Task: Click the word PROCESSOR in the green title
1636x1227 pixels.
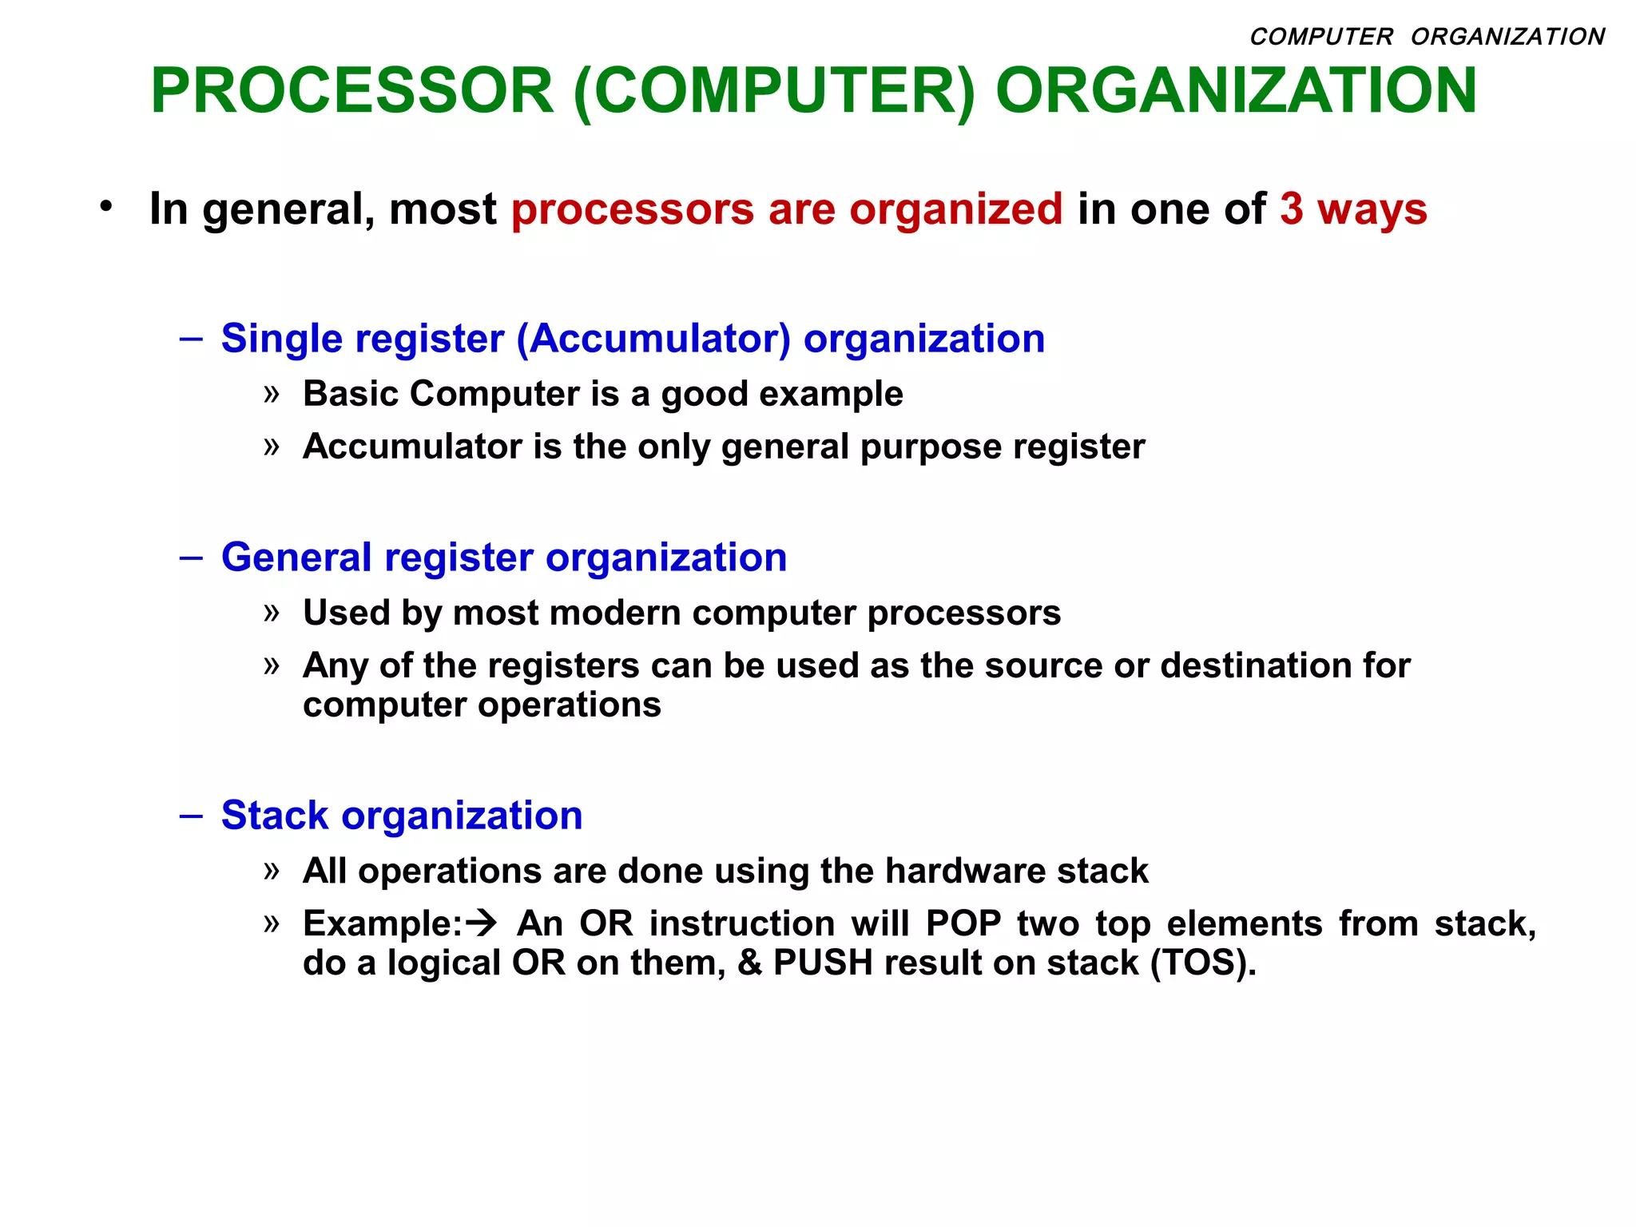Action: (x=351, y=90)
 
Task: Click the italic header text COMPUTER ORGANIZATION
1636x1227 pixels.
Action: (x=1427, y=37)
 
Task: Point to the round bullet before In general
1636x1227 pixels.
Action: (x=106, y=207)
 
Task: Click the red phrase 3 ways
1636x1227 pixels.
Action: (x=1352, y=209)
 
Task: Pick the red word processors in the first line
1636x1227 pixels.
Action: (x=632, y=209)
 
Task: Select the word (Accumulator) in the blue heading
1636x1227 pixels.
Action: (x=653, y=339)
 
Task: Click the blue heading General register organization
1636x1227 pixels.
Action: (x=503, y=557)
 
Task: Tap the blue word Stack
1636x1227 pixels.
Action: (x=274, y=816)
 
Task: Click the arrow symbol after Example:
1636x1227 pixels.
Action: (x=482, y=923)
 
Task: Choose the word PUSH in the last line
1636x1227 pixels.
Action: (x=822, y=963)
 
